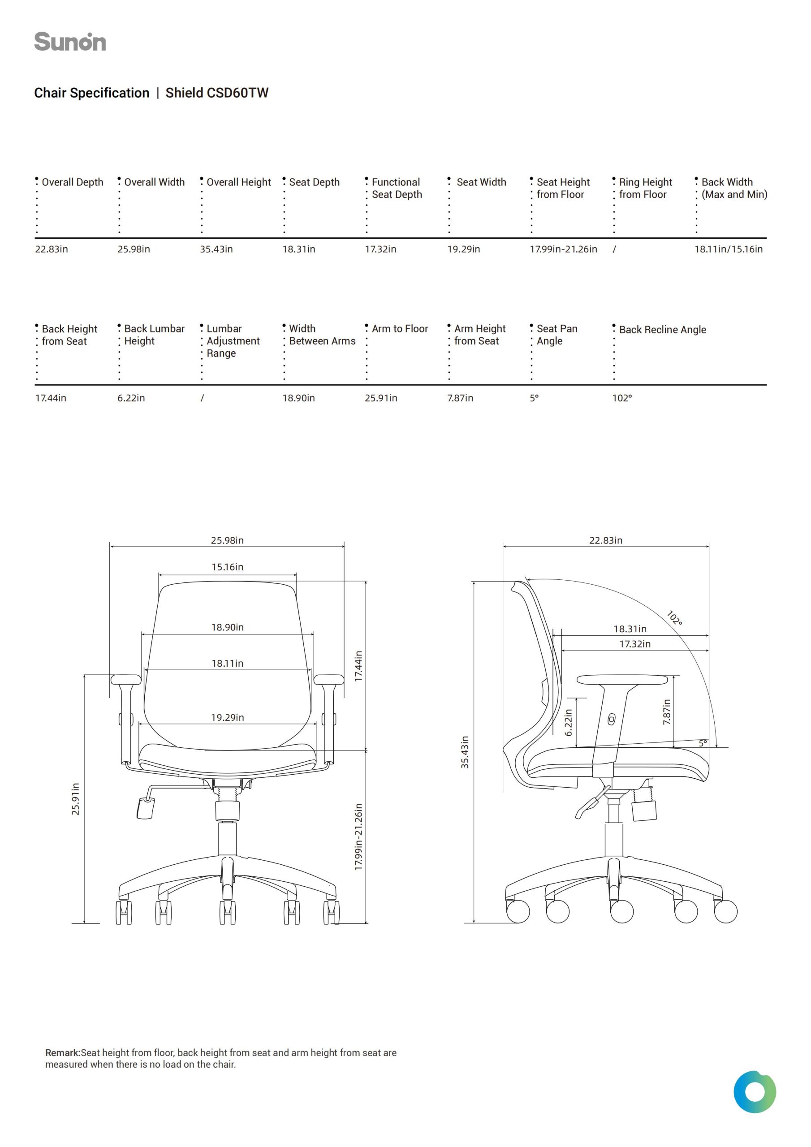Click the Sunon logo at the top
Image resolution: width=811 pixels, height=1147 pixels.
pos(70,42)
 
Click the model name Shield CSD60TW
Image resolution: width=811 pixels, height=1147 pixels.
pos(217,93)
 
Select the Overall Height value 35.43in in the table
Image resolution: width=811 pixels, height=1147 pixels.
pos(216,249)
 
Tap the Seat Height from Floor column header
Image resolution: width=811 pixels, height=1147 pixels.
pos(563,188)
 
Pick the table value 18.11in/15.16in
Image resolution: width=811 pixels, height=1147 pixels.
pos(728,249)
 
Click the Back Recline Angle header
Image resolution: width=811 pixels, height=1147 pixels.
pos(662,330)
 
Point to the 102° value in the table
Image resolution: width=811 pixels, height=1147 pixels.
pos(622,398)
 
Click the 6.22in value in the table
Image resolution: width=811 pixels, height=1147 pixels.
pos(131,398)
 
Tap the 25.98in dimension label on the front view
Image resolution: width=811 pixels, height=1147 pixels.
pos(227,540)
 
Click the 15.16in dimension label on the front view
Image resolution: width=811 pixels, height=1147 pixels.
pos(227,567)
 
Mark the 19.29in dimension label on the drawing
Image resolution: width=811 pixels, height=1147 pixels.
pos(227,717)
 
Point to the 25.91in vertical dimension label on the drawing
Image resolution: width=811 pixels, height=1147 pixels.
pos(75,799)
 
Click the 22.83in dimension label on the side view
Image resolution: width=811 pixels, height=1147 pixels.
pos(606,540)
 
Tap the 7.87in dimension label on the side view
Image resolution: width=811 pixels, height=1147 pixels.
pos(667,712)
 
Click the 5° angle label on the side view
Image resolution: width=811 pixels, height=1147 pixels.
pos(703,743)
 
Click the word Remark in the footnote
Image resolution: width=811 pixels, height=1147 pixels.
pos(62,1052)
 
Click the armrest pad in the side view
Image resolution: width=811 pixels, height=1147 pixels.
pos(622,680)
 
